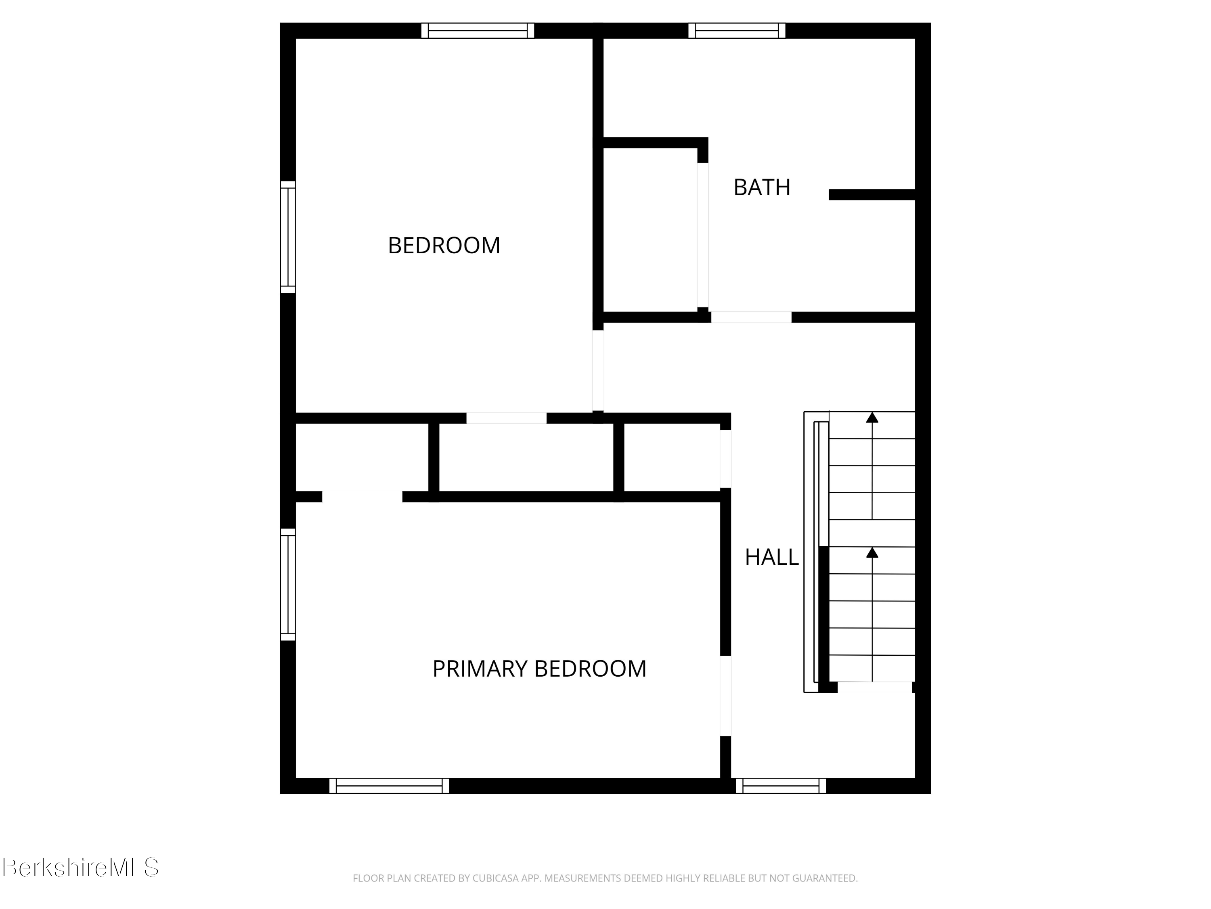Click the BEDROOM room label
(x=444, y=246)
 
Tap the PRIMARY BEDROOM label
(x=539, y=669)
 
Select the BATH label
(x=762, y=188)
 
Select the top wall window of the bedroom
(x=478, y=31)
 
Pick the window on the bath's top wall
(x=736, y=31)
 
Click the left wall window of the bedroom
(x=288, y=237)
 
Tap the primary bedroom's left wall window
(x=288, y=584)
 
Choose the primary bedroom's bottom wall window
(x=389, y=786)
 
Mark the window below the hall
(x=781, y=786)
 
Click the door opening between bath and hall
(x=750, y=317)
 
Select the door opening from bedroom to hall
(x=598, y=370)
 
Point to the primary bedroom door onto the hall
(x=725, y=696)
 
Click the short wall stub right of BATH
(x=872, y=194)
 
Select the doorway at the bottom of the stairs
(x=874, y=687)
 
